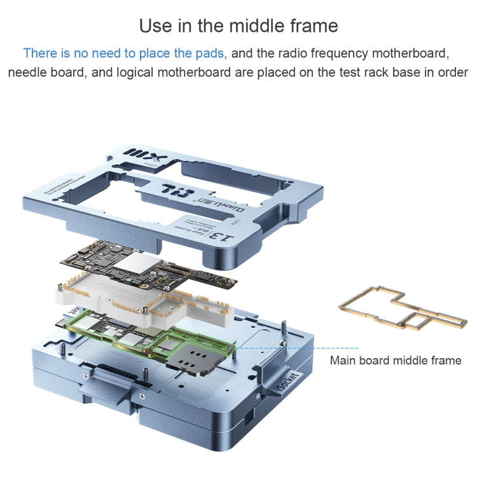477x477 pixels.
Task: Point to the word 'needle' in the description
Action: [28, 73]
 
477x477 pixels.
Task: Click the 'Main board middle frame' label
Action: [395, 361]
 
